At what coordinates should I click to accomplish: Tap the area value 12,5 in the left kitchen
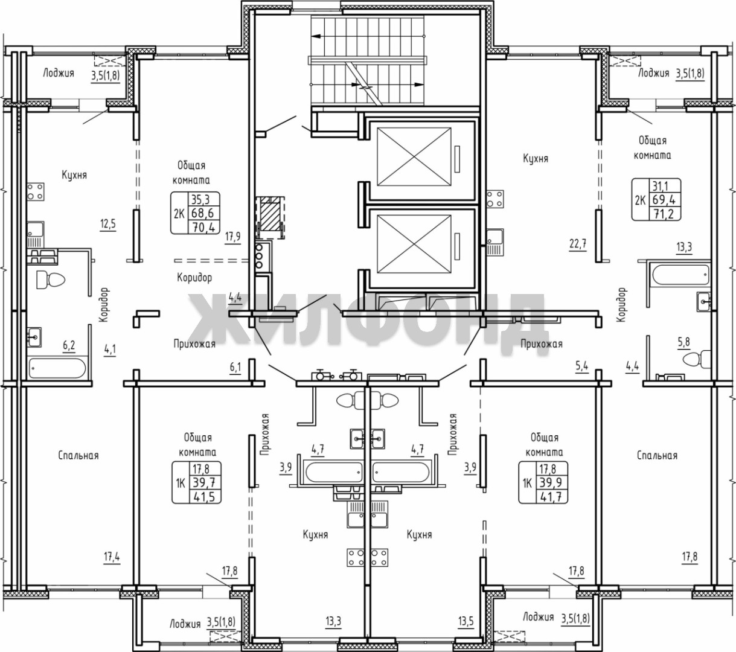(x=108, y=224)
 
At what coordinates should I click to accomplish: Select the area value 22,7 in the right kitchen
(x=578, y=244)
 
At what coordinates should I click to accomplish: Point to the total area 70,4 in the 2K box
(x=205, y=228)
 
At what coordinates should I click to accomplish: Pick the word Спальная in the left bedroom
(x=78, y=455)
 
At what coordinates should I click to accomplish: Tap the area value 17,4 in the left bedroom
(x=112, y=557)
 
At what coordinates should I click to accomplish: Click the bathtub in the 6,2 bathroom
(x=57, y=368)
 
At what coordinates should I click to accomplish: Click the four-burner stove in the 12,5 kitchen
(x=36, y=191)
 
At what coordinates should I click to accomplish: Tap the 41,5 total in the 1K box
(x=205, y=496)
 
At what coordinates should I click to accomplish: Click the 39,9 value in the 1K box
(x=551, y=483)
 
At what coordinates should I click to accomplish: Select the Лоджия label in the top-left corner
(x=59, y=74)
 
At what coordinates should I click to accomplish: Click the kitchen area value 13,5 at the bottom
(x=466, y=621)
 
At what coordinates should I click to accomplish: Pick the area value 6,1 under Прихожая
(x=235, y=368)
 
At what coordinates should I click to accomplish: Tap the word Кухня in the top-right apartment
(x=536, y=159)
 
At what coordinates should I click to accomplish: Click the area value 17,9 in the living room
(x=233, y=237)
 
